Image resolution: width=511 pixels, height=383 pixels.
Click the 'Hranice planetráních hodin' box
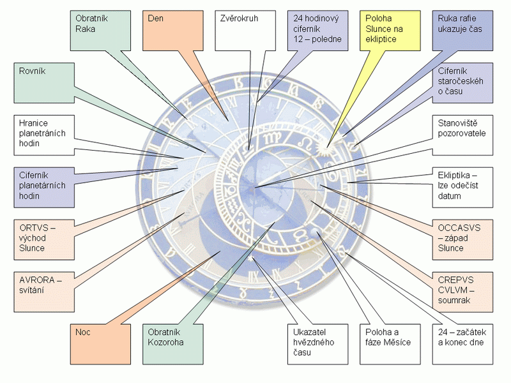(x=39, y=134)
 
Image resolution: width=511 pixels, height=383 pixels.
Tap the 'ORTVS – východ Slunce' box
(x=39, y=238)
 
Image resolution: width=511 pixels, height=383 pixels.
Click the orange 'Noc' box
(x=95, y=343)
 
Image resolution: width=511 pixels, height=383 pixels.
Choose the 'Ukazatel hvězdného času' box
(x=313, y=343)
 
